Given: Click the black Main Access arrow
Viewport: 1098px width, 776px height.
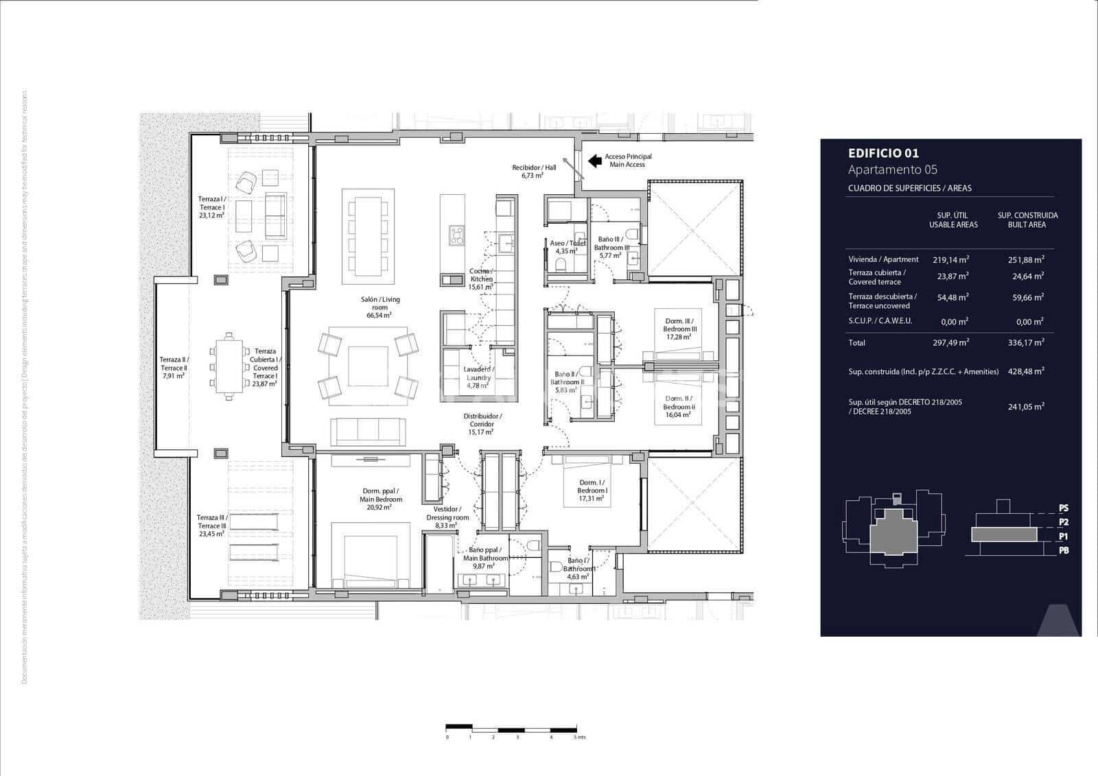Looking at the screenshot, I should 595,161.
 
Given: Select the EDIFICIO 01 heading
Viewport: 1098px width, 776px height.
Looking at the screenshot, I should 883,154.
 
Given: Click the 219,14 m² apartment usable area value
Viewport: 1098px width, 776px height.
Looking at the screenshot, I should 950,260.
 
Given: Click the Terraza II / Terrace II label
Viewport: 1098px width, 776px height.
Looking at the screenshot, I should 174,368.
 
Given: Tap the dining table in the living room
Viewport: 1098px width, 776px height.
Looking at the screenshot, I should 368,236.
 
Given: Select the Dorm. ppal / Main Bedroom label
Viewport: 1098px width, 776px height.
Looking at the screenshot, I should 382,499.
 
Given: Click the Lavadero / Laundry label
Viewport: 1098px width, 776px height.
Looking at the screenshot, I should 478,377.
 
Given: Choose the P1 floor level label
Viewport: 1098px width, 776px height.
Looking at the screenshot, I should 1063,537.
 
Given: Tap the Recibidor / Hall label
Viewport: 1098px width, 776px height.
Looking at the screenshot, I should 533,171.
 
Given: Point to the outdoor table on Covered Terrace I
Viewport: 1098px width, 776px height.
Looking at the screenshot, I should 228,366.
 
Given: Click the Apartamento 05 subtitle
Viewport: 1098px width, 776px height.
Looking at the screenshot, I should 892,170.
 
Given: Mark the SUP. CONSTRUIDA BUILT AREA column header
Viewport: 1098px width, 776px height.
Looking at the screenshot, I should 1027,220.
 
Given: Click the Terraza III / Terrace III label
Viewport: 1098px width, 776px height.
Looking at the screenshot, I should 211,526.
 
